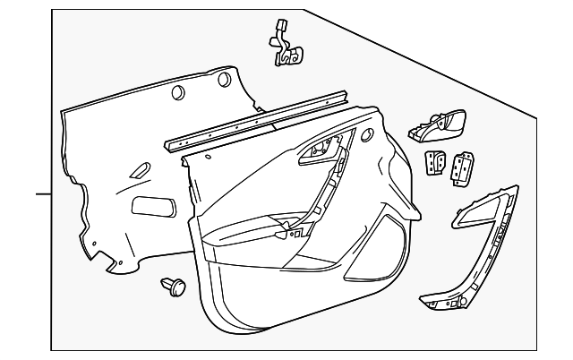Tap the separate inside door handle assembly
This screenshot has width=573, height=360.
440,126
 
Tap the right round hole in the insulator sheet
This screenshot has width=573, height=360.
224,81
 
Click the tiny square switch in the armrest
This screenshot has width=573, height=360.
291,232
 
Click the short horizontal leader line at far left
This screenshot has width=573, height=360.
43,193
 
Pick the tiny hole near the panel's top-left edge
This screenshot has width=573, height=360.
208,157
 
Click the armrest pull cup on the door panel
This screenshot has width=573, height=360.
269,228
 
